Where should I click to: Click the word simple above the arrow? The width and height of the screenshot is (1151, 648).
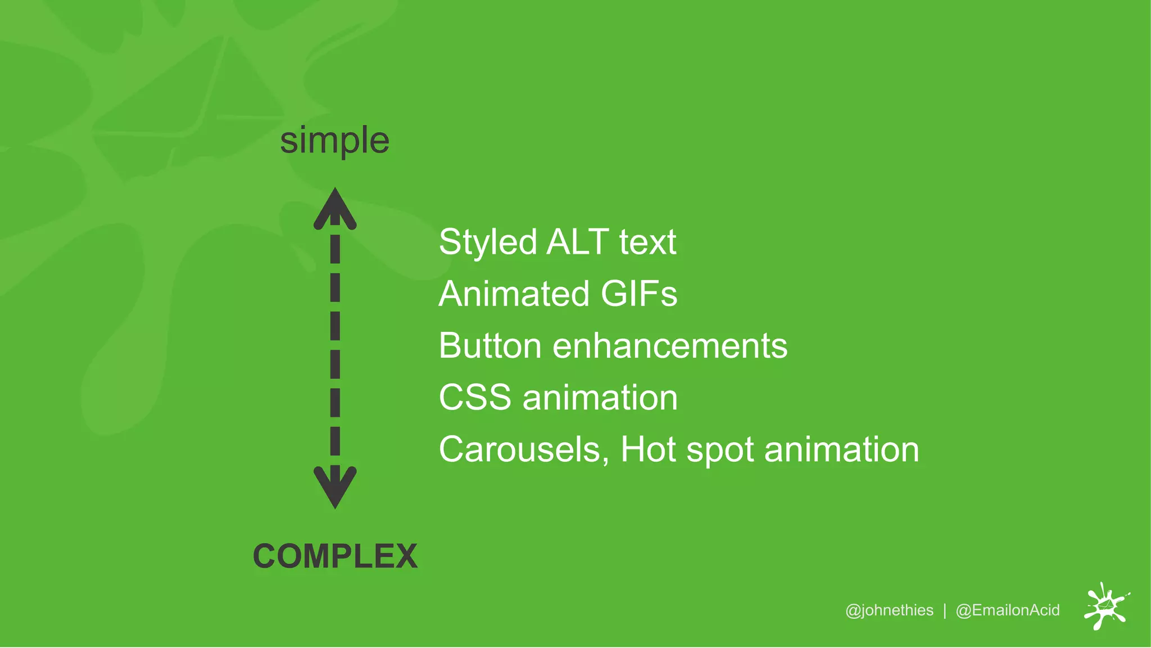(334, 141)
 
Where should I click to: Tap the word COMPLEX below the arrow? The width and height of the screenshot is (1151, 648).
(335, 556)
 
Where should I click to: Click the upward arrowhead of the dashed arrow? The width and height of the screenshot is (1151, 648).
(335, 209)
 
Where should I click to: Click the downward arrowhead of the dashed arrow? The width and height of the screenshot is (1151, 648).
(335, 487)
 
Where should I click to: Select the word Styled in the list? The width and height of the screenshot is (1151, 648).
(488, 243)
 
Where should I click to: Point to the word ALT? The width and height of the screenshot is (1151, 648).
(578, 242)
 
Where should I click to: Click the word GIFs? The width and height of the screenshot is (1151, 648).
(639, 294)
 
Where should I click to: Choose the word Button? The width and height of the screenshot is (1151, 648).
(490, 345)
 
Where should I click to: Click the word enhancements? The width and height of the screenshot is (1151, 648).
(670, 345)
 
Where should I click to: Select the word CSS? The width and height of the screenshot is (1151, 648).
(475, 397)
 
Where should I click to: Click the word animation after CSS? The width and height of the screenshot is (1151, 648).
(600, 397)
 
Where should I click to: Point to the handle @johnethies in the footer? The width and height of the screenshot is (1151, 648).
(889, 610)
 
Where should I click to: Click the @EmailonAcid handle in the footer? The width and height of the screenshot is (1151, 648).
(1008, 610)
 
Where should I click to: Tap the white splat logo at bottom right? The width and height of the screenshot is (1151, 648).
(1106, 606)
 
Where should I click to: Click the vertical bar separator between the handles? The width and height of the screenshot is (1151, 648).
(945, 610)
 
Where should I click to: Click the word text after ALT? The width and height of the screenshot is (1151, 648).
(648, 242)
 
